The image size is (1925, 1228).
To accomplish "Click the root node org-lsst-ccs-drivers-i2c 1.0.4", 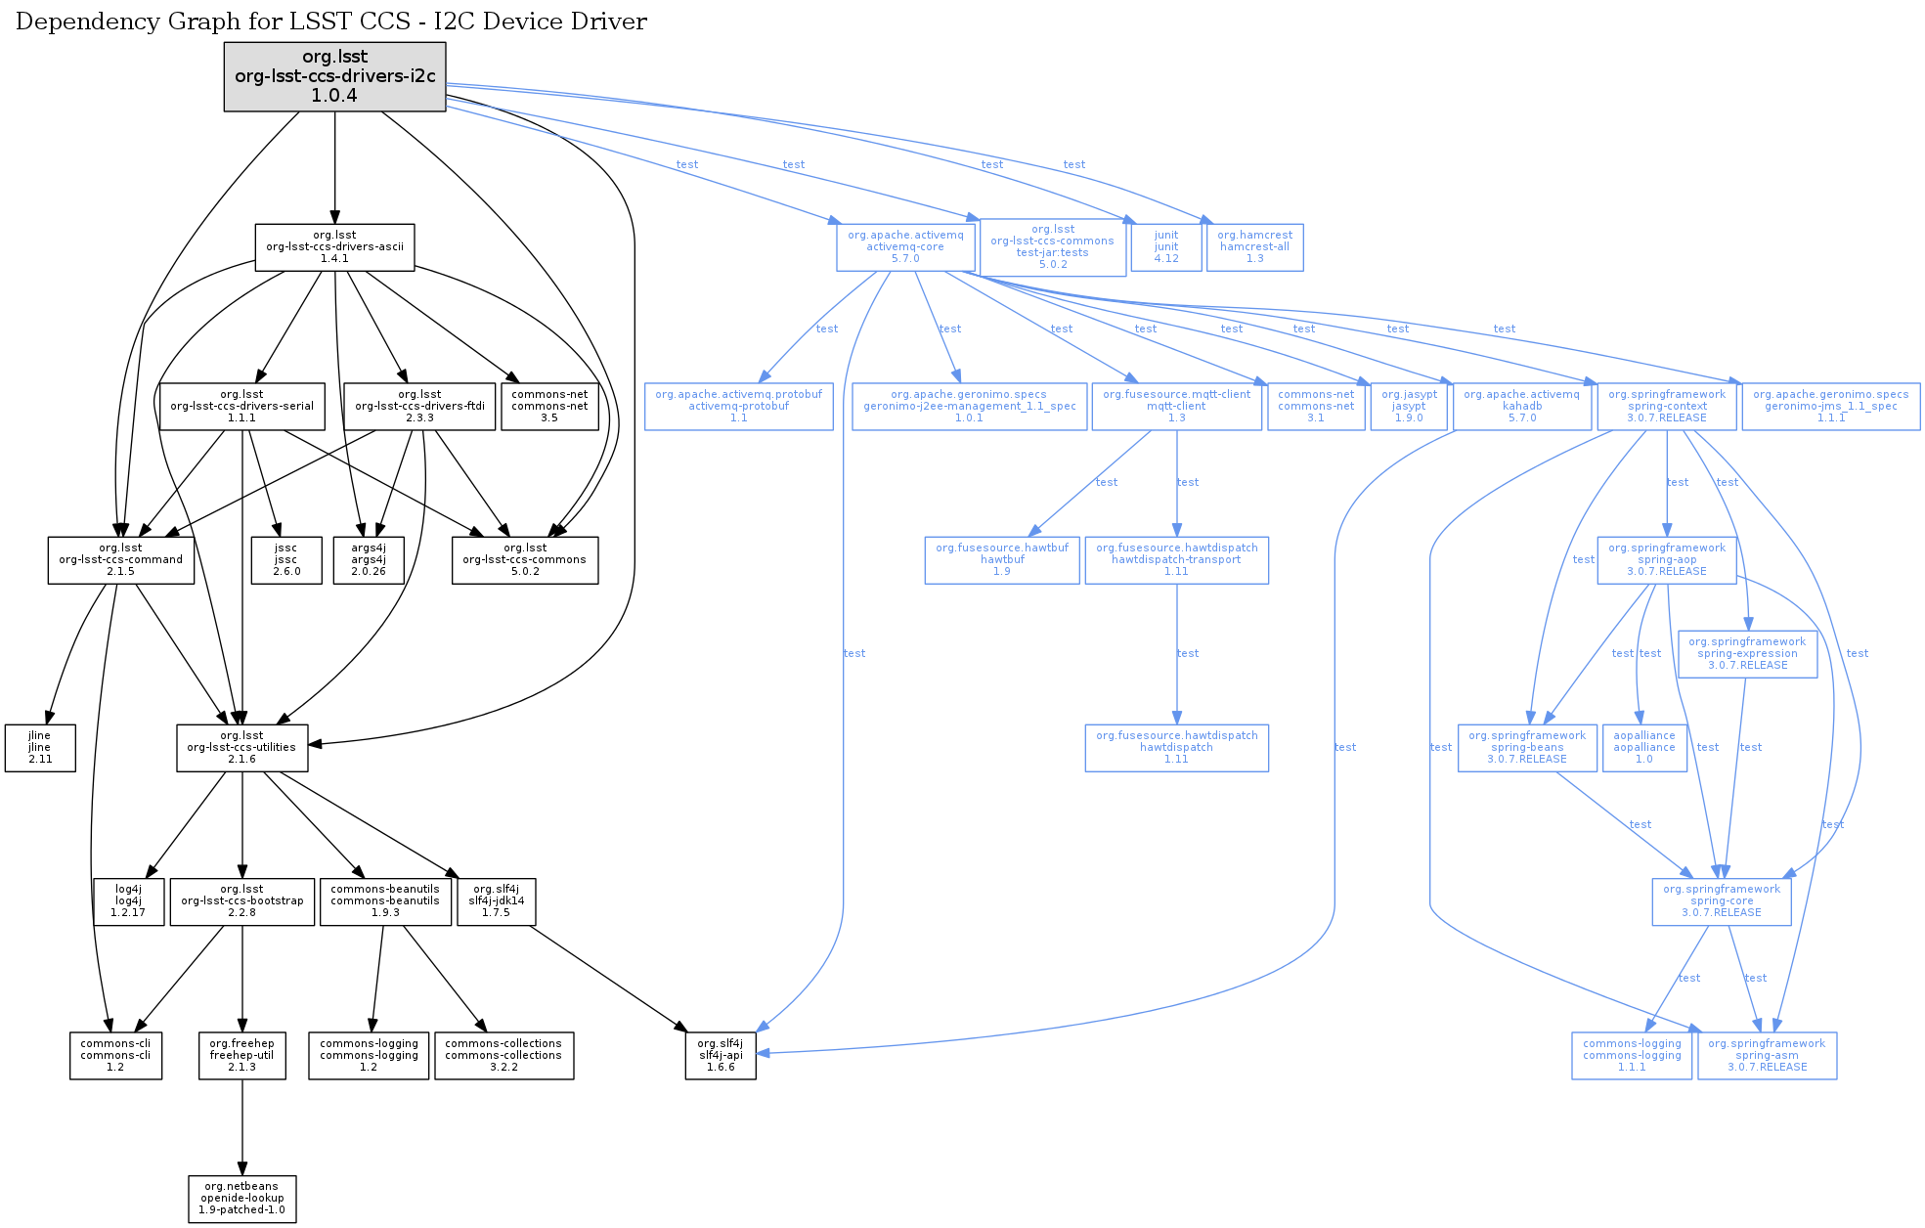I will (x=334, y=76).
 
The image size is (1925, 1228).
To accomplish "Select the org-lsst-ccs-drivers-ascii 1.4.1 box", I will (x=334, y=247).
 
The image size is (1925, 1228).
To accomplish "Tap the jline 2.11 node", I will (x=40, y=748).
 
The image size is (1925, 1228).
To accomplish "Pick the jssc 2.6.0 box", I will (x=285, y=560).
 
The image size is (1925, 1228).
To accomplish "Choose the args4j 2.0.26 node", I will (x=369, y=560).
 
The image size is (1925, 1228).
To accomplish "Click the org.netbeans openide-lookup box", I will (x=242, y=1199).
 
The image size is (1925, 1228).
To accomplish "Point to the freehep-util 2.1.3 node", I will (x=242, y=1056).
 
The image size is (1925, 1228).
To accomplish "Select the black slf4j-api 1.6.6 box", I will (x=721, y=1056).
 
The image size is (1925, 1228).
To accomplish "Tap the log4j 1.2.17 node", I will (x=128, y=901).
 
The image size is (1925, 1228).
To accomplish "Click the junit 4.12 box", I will (x=1166, y=247).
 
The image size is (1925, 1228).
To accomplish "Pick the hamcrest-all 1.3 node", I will (x=1254, y=247).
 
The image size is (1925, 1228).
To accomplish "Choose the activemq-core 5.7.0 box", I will (x=905, y=247).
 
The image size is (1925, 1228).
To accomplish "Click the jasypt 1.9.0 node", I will (x=1409, y=407).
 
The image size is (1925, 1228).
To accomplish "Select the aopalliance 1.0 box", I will (x=1644, y=748).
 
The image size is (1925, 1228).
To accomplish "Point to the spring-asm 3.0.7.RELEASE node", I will (x=1767, y=1056).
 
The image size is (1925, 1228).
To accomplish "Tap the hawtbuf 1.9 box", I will (x=1002, y=560).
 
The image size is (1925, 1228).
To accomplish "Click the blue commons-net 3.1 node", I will (x=1316, y=407).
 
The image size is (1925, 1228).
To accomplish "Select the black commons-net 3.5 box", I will (x=549, y=407).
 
